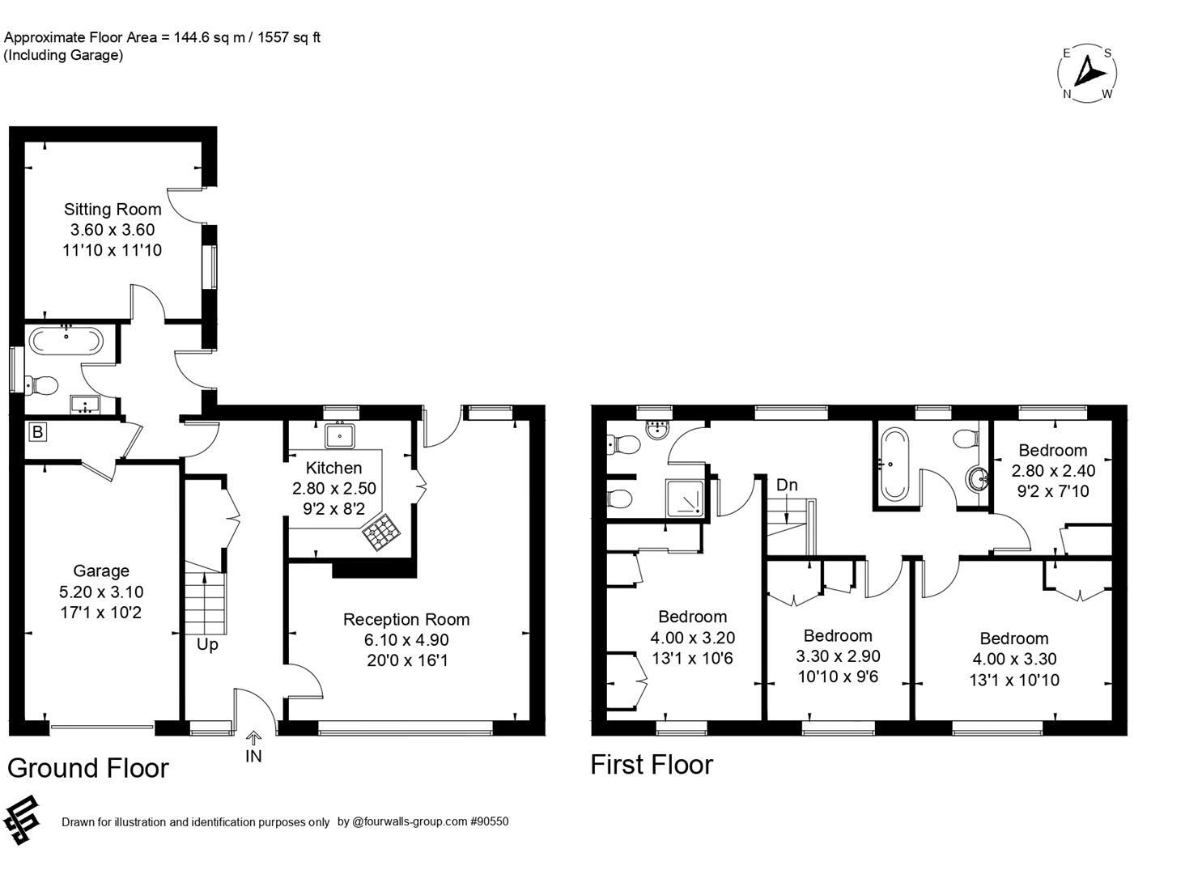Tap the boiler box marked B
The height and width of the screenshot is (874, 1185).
coord(36,432)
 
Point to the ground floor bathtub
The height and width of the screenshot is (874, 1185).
coord(66,341)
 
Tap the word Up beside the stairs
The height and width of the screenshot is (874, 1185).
coord(207,645)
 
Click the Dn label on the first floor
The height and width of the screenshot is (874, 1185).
coord(786,485)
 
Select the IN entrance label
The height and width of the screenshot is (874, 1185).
coord(253,756)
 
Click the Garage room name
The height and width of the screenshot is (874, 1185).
coord(101,571)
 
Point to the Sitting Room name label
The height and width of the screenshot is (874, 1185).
coord(113,209)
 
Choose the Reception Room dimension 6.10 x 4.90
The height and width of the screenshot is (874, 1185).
coord(406,640)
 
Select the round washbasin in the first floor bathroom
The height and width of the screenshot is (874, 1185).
coord(979,478)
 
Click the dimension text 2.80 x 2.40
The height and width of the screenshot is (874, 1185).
coord(1053,470)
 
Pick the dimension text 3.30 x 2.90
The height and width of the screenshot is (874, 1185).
coord(838,656)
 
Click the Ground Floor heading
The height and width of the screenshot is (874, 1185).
coord(88,768)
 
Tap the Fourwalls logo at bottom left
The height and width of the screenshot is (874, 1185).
coord(21,819)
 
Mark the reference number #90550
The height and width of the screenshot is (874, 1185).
coord(489,821)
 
